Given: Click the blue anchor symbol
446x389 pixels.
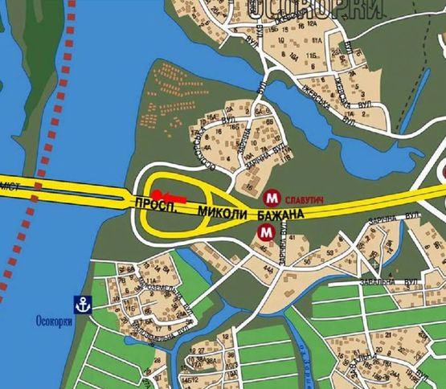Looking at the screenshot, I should click(80, 304).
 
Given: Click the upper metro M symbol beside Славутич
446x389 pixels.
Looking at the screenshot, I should click(272, 196).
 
